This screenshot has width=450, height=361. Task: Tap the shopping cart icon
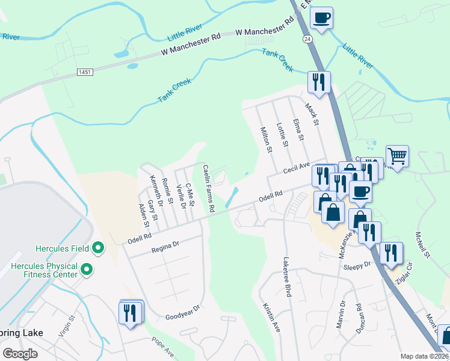397,156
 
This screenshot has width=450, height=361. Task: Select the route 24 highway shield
307,39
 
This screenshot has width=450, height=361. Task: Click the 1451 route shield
85,72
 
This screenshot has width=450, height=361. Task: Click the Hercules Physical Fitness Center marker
87,270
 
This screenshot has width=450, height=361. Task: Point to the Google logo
20,354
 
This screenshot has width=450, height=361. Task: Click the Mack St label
310,113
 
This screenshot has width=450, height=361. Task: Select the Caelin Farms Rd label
208,189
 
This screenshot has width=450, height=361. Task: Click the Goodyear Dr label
182,316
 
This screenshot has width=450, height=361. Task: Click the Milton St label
266,139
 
